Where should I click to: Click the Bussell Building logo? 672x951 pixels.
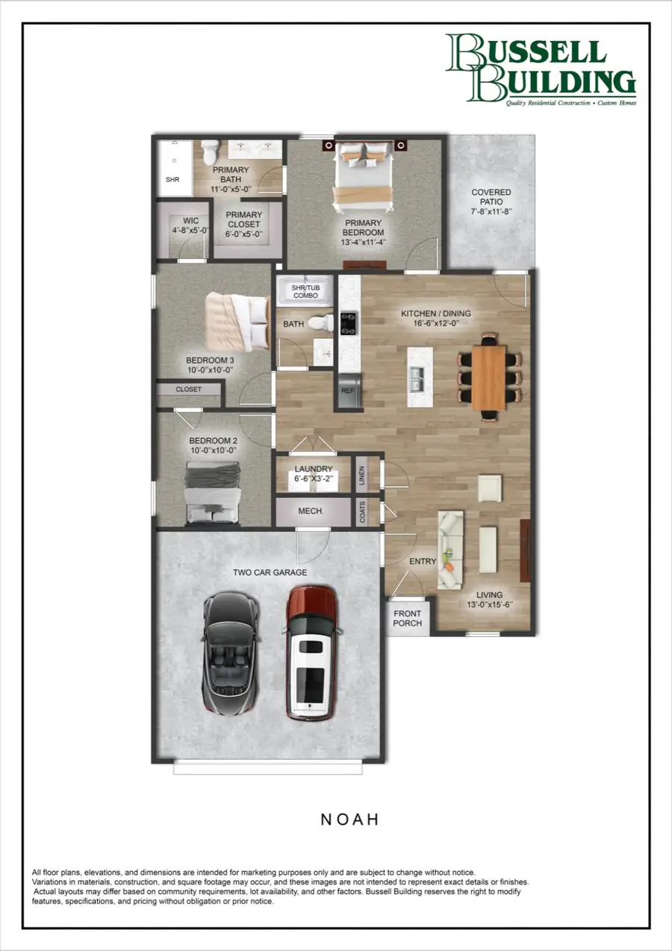(x=540, y=69)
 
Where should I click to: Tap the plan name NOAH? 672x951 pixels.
(x=350, y=819)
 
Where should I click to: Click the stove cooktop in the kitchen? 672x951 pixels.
(x=349, y=322)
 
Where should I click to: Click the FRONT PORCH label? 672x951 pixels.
(x=408, y=618)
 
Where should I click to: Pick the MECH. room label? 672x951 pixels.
(x=311, y=513)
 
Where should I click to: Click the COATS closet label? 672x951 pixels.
(x=362, y=513)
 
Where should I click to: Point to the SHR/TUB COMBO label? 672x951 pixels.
(x=305, y=290)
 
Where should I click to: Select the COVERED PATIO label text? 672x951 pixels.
(x=491, y=197)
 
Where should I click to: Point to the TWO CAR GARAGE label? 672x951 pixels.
(x=270, y=573)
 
